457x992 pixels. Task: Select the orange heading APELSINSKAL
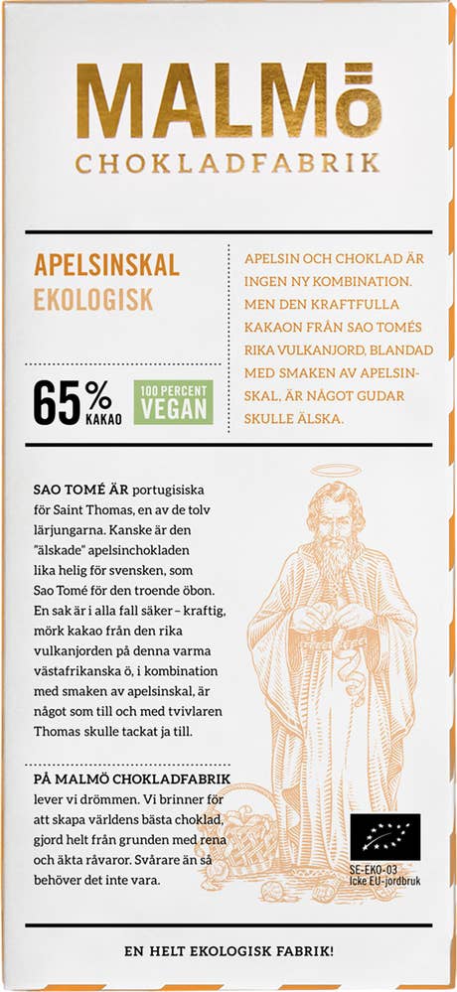pos(106,265)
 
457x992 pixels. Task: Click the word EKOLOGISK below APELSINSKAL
pos(94,297)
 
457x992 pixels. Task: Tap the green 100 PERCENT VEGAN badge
pos(173,403)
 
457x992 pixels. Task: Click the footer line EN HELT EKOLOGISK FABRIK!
pos(228,950)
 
